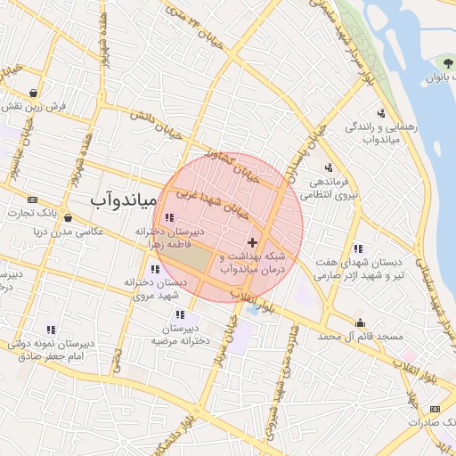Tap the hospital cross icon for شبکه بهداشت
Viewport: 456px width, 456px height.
coord(253,241)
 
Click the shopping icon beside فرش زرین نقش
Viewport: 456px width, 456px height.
coord(33,93)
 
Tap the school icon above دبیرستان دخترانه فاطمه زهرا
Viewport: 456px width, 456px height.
coord(169,217)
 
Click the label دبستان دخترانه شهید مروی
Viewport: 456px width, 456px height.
coord(156,289)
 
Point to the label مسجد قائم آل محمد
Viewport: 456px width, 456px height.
coord(362,337)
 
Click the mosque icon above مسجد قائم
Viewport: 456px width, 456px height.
coord(360,322)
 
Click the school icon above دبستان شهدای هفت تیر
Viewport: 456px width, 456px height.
coord(358,248)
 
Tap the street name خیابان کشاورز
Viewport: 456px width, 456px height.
coord(230,167)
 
